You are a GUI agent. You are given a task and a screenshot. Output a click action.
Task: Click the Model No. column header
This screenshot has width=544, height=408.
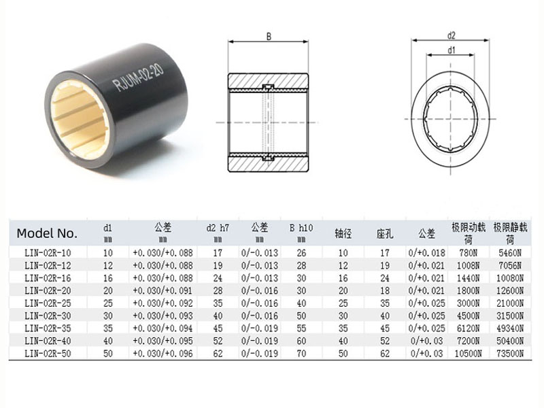click(x=48, y=234)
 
